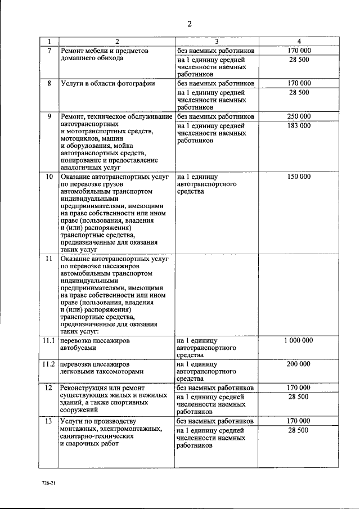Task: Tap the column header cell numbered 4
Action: click(x=299, y=42)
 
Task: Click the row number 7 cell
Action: click(x=49, y=51)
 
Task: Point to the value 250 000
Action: click(x=299, y=116)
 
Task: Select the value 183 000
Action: click(x=299, y=125)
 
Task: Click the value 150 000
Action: click(x=299, y=177)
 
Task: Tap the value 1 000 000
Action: click(x=299, y=340)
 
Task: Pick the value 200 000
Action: click(x=299, y=364)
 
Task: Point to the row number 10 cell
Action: click(x=49, y=177)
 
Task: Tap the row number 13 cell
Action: click(x=49, y=421)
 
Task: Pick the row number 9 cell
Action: click(x=49, y=116)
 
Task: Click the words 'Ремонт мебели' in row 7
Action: click(x=82, y=51)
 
